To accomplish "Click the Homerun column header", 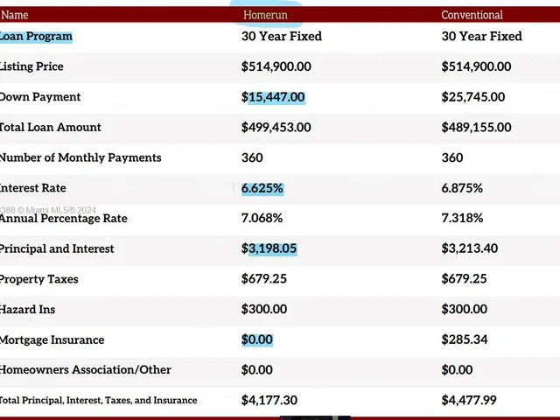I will pos(264,15).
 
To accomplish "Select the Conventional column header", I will pos(472,15).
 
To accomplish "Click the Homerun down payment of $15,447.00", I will pos(273,97).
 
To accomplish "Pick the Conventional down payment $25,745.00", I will pos(473,97).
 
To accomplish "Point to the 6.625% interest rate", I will pos(262,188).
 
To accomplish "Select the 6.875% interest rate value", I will pos(462,188).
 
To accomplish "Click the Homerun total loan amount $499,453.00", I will pos(276,127).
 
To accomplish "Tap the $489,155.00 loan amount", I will pos(476,127).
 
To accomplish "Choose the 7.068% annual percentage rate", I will pos(262,219).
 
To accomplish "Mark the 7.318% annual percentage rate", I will pos(462,219).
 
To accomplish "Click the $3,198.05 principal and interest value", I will pos(269,248).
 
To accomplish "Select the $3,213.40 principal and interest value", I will pos(470,248).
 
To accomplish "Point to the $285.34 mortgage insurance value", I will pos(465,339).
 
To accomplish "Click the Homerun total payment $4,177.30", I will pos(269,400).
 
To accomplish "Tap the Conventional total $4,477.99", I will pos(470,400).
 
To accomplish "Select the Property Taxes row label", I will pos(38,279).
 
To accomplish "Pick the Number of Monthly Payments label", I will pos(80,157).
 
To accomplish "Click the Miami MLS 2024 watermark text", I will pos(48,210).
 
